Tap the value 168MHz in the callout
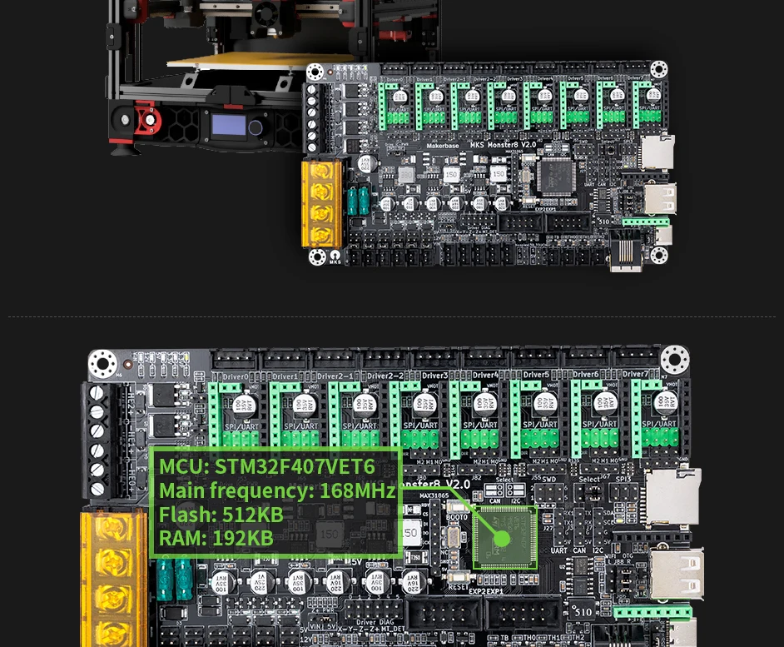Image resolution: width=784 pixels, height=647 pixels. (357, 490)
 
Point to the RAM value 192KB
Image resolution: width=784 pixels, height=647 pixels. (242, 538)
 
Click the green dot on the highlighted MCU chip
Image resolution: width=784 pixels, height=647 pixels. (501, 538)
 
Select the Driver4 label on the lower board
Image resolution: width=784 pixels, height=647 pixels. (484, 375)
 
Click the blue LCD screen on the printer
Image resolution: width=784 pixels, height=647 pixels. (227, 126)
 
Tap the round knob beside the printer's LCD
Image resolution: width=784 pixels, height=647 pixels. (256, 128)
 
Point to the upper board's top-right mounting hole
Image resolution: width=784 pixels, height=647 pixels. (658, 68)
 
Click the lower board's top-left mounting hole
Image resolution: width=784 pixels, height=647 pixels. (103, 364)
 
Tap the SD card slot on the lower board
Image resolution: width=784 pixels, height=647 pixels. (672, 496)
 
